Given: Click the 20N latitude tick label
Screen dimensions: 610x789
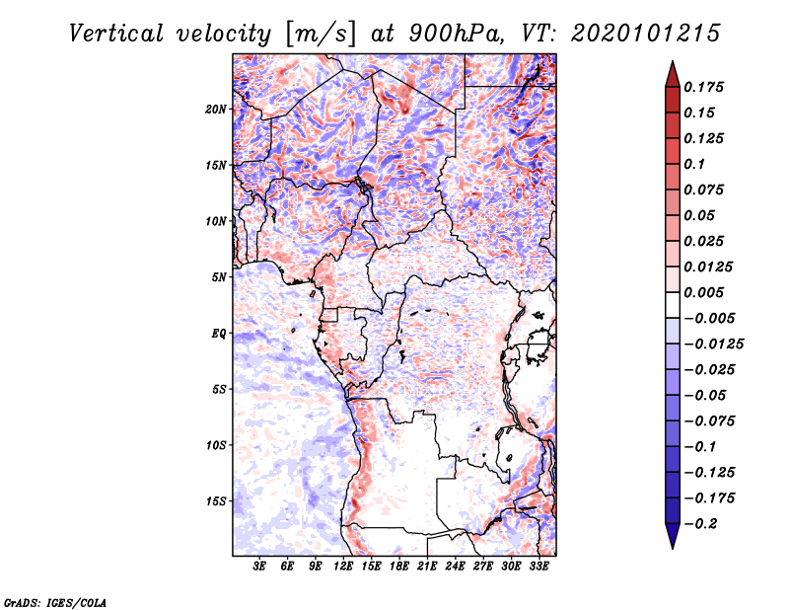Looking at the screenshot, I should [216, 109].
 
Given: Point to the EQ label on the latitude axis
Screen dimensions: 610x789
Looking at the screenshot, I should [218, 334].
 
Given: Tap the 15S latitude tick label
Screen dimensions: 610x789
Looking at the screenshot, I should [216, 501].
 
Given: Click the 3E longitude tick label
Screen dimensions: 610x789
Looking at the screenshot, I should [260, 567].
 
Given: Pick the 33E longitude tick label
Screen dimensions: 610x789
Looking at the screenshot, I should [538, 567].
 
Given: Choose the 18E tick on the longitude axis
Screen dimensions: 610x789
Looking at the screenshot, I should [399, 567].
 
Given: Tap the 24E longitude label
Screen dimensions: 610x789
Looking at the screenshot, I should [455, 567].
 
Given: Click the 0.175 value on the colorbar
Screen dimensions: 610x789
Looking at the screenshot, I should [706, 87].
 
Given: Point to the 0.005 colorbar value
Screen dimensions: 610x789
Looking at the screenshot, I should [706, 292].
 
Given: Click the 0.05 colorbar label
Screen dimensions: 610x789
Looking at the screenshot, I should [701, 215].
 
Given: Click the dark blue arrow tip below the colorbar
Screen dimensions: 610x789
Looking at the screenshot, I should [671, 541].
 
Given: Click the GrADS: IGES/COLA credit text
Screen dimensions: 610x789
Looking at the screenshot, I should [55, 601].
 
